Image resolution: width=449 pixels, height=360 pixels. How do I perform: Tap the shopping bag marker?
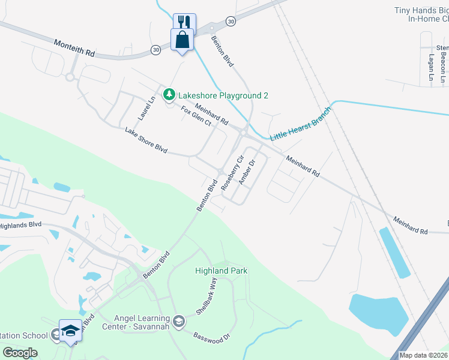[x=182, y=40]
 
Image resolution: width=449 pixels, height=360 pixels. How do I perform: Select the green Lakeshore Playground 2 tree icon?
[x=170, y=95]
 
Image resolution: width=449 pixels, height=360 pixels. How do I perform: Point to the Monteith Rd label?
[x=74, y=48]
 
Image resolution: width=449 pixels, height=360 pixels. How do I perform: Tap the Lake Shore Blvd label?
[x=146, y=140]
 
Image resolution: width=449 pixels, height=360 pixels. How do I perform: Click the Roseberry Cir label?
[x=232, y=173]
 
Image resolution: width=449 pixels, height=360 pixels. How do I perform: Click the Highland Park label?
[x=221, y=271]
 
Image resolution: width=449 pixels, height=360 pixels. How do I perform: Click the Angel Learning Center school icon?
[x=178, y=322]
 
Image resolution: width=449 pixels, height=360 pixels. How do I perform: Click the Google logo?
[x=20, y=353]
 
